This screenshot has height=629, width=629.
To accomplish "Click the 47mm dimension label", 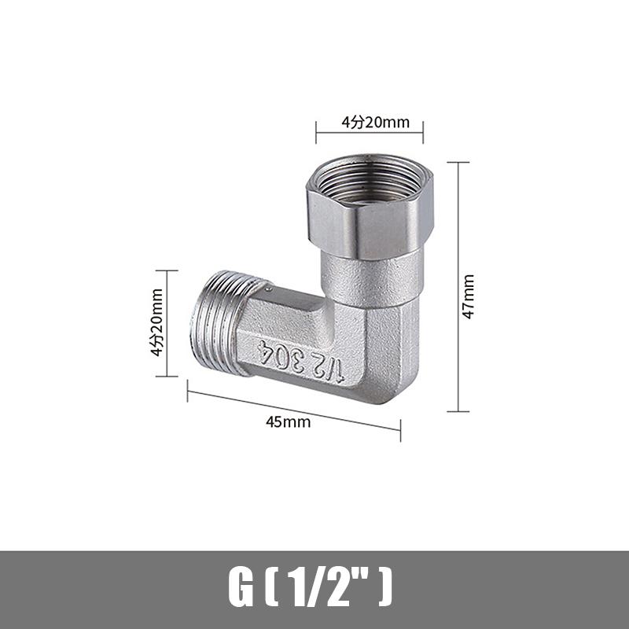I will pyautogui.click(x=469, y=296).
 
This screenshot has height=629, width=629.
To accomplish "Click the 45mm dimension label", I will pyautogui.click(x=288, y=421).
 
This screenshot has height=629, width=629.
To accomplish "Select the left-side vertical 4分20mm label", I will pyautogui.click(x=157, y=322).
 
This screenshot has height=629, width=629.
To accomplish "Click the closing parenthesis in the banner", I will pyautogui.click(x=384, y=587).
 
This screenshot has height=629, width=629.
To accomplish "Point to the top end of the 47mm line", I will pyautogui.click(x=458, y=163).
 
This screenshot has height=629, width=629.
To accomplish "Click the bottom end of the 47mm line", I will pyautogui.click(x=458, y=411).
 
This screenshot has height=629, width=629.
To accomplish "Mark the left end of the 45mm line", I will pyautogui.click(x=188, y=391).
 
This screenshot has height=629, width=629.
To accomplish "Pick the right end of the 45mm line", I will pyautogui.click(x=400, y=429).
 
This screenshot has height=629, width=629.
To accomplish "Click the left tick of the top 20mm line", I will pyautogui.click(x=316, y=131).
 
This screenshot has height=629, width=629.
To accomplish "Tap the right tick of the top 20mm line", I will pyautogui.click(x=423, y=131).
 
